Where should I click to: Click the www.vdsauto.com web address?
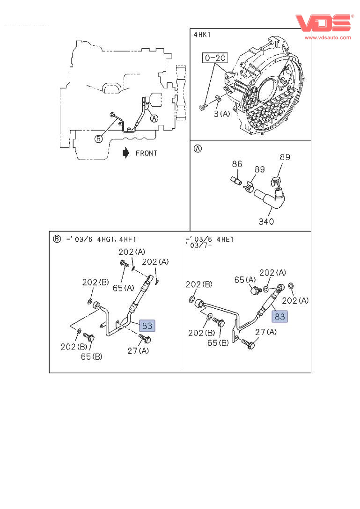[x=328, y=37]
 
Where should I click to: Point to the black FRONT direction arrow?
[x=125, y=153]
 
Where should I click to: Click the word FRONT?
[x=147, y=153]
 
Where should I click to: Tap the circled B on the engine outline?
[x=98, y=138]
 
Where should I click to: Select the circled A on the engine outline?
[x=154, y=118]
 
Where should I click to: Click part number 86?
[x=237, y=164]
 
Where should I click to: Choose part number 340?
[x=266, y=221]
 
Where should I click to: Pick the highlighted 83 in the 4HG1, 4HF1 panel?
[x=147, y=326]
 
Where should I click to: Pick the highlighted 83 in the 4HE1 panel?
[x=279, y=317]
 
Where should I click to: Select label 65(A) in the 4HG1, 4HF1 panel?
[x=123, y=288]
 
